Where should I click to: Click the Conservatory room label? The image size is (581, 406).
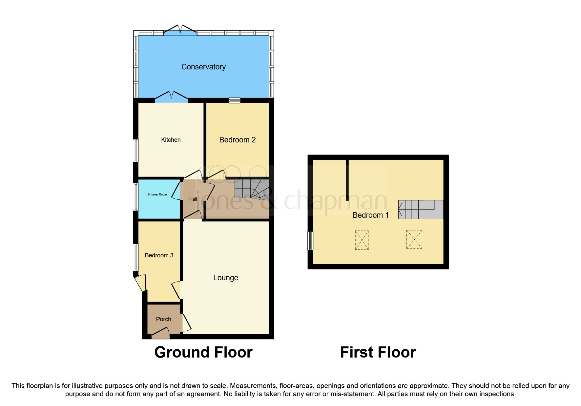pos(203,67)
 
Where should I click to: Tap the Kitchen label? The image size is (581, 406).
pos(171,140)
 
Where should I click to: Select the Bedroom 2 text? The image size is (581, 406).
pos(237,140)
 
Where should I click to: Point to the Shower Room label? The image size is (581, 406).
pos(157,194)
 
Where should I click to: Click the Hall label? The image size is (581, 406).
pos(193,199)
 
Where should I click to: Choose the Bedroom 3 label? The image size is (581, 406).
pos(159,255)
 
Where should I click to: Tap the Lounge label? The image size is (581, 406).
pos(226,278)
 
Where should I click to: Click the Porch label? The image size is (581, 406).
pos(163,319)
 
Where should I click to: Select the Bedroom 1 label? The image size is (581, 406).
pos(370,215)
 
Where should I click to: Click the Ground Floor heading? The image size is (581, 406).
pos(203,352)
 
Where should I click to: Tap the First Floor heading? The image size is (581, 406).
pos(378,352)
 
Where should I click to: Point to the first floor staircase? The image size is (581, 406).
pos(421,210)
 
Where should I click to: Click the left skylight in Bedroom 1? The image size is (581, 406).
pos(362,240)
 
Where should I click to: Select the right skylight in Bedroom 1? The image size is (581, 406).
pos(414,239)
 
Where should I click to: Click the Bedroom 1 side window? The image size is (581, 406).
pos(310,241)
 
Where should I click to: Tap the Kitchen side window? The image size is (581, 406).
pos(135,151)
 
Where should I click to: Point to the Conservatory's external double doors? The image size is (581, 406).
pos(180,30)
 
